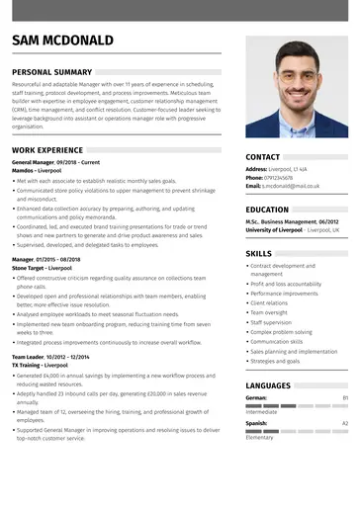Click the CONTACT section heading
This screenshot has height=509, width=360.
point(262,157)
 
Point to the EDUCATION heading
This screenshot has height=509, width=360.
point(267,210)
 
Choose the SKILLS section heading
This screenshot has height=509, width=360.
point(258,254)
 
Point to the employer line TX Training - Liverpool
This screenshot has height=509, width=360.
point(41,365)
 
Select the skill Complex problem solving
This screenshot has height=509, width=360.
point(281,332)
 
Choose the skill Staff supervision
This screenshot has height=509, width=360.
point(271,322)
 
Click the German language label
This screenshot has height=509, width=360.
point(257,397)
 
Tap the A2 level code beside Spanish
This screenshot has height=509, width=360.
point(345,423)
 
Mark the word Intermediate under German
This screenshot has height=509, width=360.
point(262,412)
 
